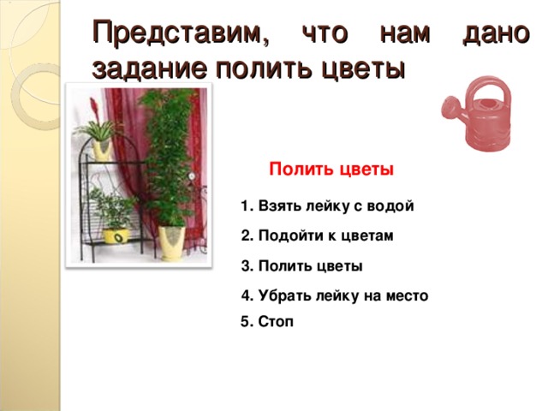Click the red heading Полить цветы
click(331, 170)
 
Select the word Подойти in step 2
click(287, 236)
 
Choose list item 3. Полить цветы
click(302, 266)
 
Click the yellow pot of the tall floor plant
click(170, 242)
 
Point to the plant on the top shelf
click(101, 134)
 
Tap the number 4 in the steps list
click(246, 296)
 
